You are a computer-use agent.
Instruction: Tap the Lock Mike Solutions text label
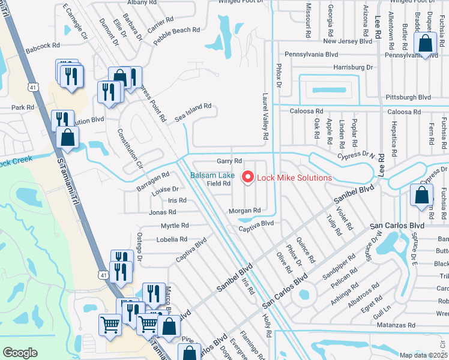(x=294, y=178)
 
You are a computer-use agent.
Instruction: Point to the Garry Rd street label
(x=229, y=161)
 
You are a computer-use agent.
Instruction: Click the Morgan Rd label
(x=244, y=211)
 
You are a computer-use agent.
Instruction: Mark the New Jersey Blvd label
(x=348, y=41)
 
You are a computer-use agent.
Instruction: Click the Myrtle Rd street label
(x=175, y=226)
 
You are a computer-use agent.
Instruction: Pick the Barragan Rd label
(x=153, y=178)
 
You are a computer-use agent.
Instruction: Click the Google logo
(x=20, y=353)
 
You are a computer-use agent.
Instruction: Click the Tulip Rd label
(x=335, y=224)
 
